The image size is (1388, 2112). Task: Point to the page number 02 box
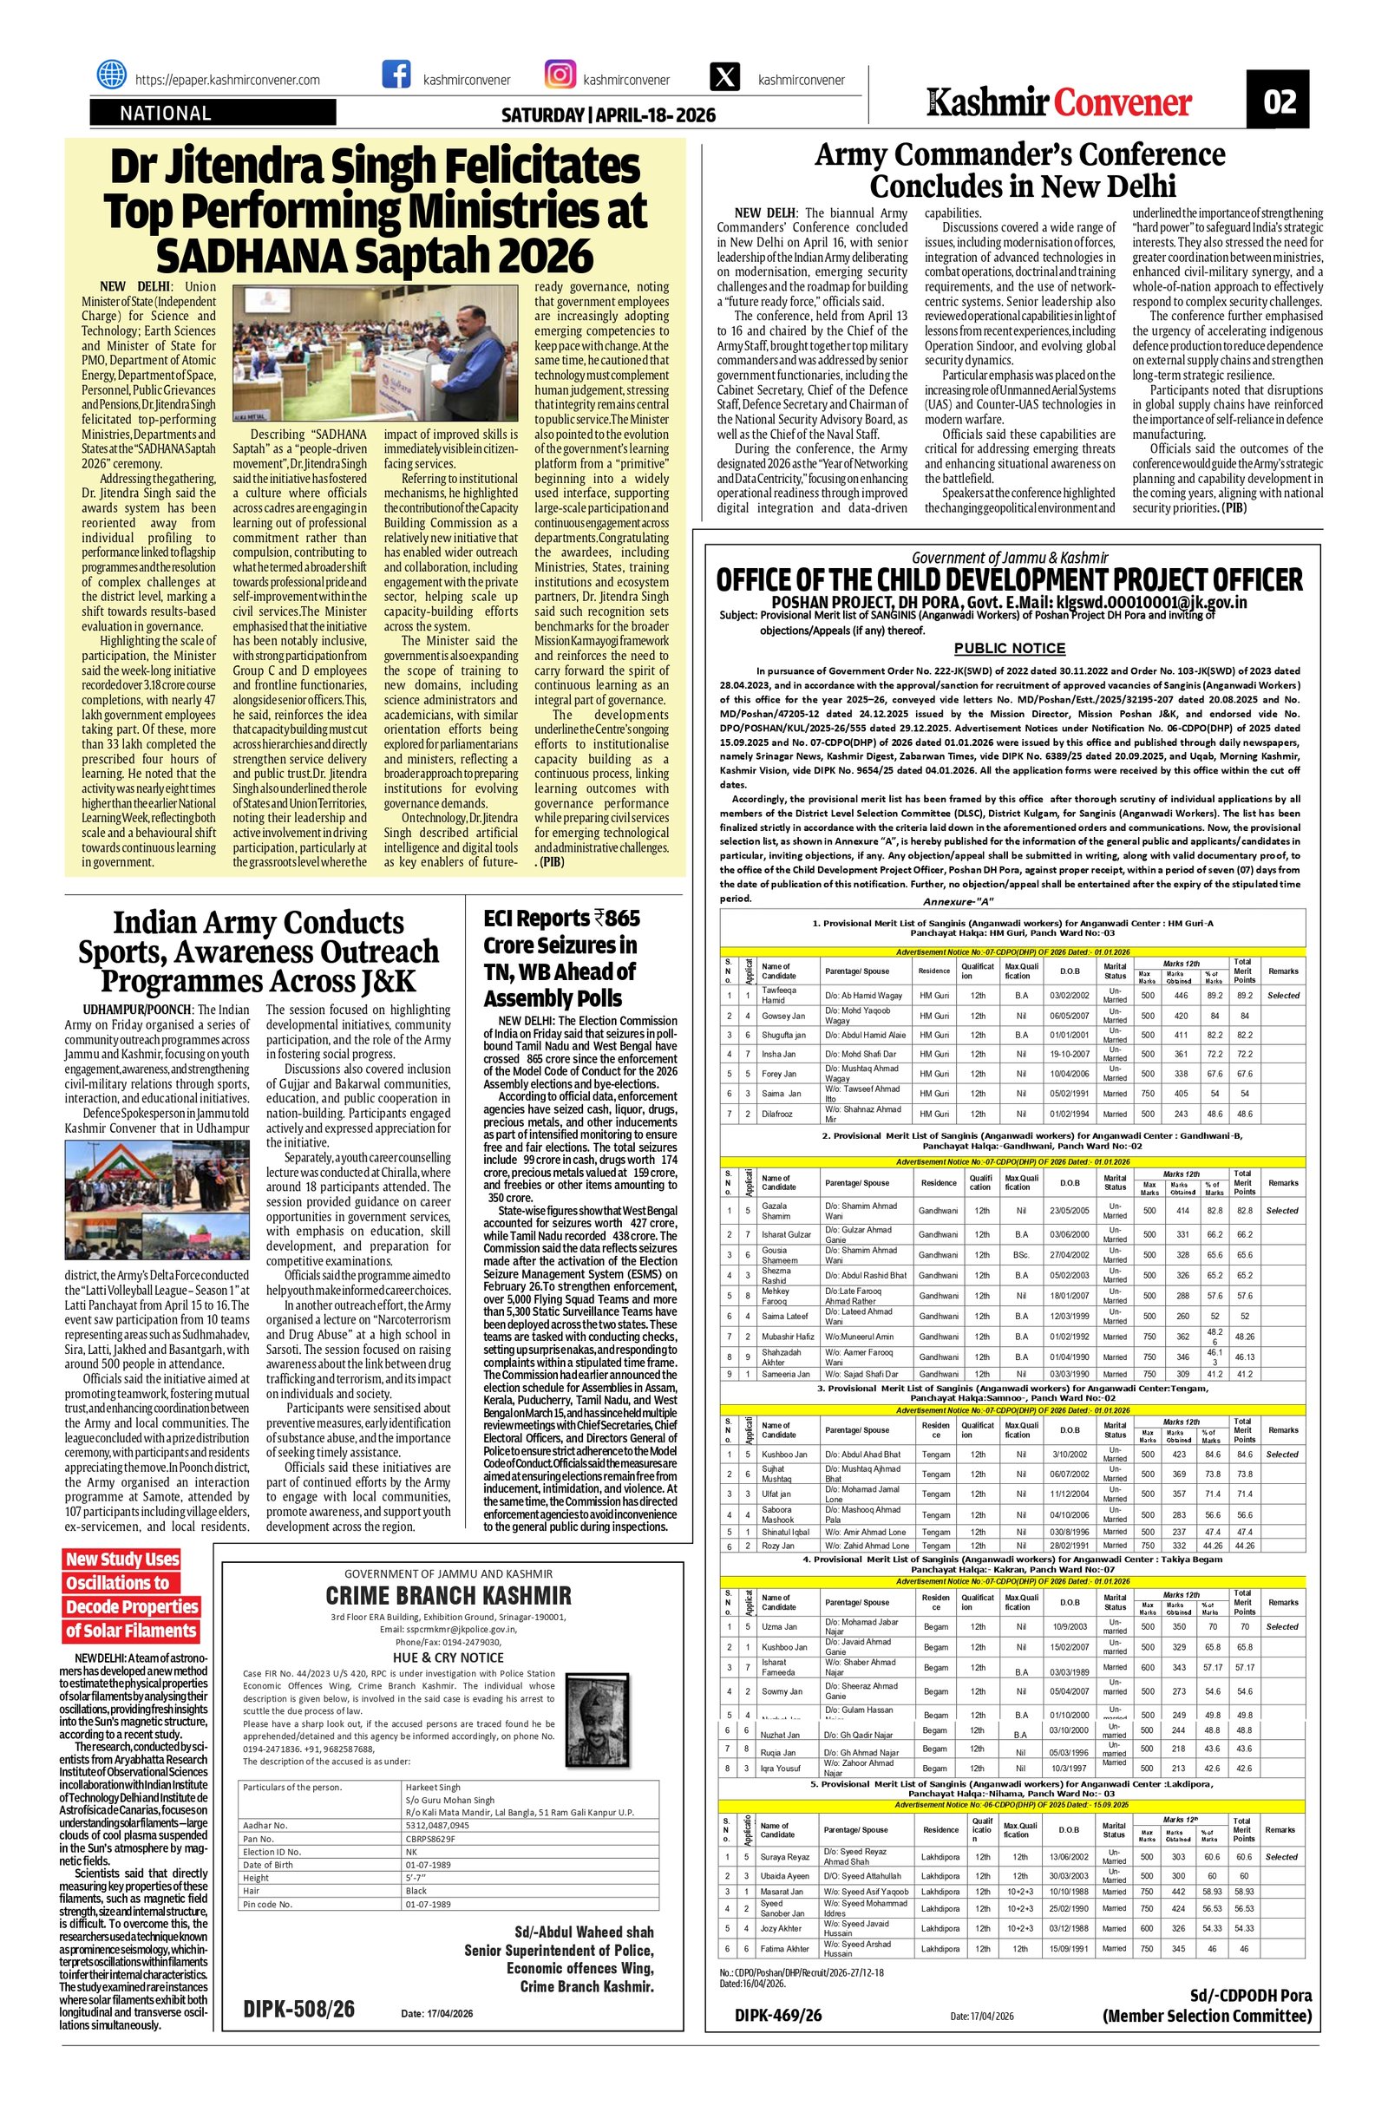(1280, 102)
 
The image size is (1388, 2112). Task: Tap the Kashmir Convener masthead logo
(1058, 103)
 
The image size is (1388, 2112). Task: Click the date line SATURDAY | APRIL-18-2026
(608, 115)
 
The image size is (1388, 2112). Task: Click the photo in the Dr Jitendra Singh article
(307, 352)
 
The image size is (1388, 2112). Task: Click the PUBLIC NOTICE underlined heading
(1009, 649)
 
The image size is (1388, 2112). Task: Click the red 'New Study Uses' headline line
(122, 1559)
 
